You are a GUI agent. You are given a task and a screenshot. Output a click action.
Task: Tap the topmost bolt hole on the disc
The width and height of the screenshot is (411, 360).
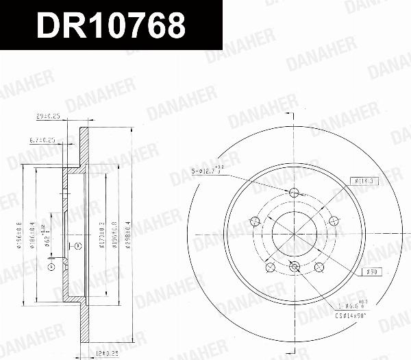[295, 193]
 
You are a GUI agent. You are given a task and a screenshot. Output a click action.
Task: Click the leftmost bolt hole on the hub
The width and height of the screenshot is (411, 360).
[254, 221]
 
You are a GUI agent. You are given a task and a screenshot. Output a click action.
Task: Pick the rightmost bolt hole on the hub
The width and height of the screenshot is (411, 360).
[334, 221]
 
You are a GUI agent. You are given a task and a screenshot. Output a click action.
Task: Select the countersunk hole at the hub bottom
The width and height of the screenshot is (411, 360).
[295, 267]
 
